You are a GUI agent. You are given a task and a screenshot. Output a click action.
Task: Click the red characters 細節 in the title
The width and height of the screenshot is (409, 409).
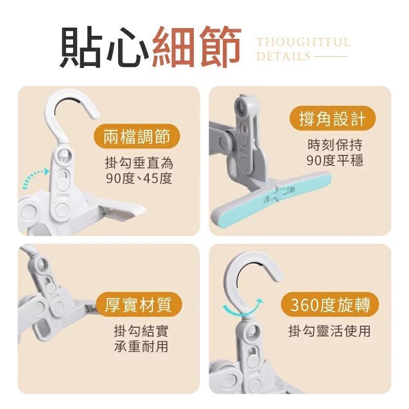pos(196,47)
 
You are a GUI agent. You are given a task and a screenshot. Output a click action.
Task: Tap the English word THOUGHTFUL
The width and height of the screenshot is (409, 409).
pos(303,42)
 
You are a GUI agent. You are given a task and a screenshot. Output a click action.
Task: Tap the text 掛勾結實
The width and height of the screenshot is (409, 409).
pos(141,331)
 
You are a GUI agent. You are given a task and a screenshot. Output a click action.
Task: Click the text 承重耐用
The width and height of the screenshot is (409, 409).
pos(141,347)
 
